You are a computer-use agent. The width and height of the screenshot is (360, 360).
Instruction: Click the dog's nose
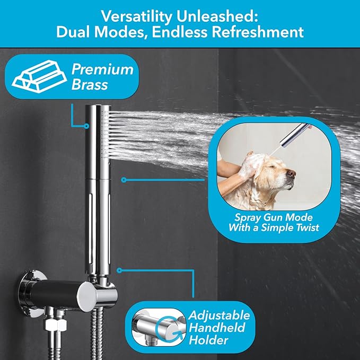tap(292, 173)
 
